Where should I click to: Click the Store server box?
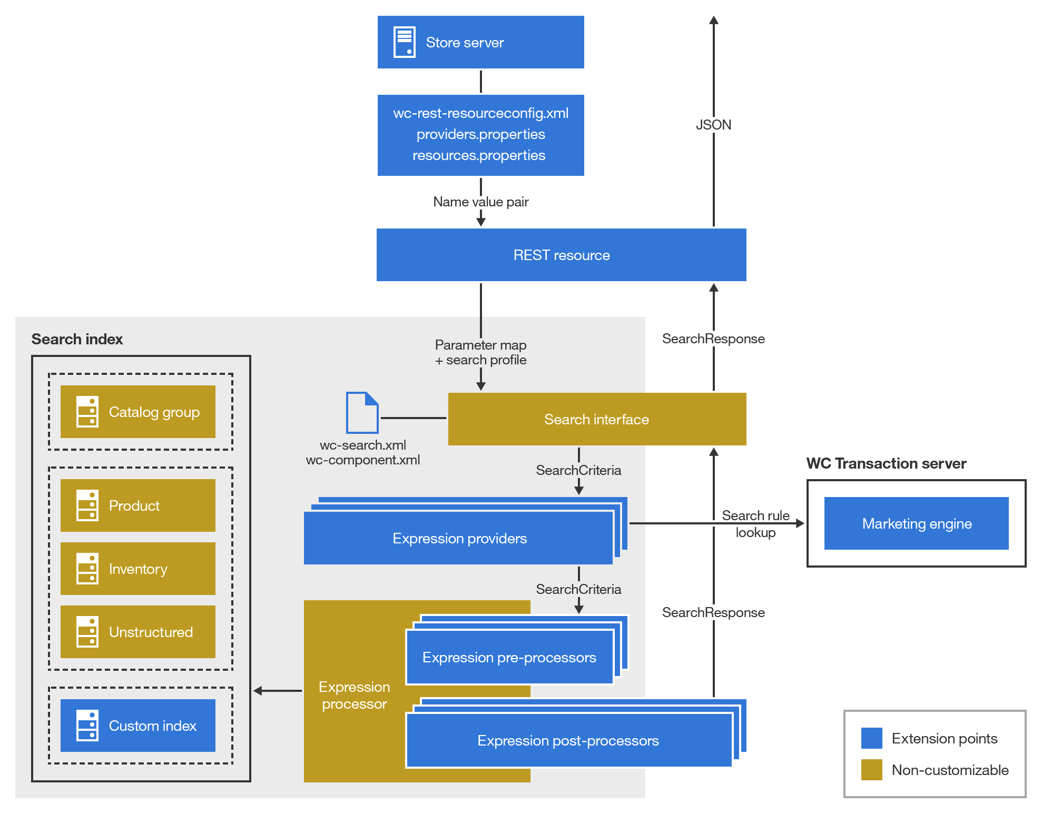(x=480, y=42)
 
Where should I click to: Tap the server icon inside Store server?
(x=404, y=42)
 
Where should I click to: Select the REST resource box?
(x=561, y=255)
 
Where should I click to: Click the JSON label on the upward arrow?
(x=713, y=125)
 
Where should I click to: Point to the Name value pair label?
(x=480, y=202)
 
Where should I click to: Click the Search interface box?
(x=596, y=419)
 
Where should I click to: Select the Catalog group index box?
(x=138, y=412)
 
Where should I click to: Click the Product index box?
(x=138, y=505)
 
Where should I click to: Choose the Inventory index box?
(x=138, y=569)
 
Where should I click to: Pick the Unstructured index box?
(x=138, y=632)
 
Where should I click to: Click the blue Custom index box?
(x=138, y=726)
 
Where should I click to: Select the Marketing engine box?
(x=916, y=523)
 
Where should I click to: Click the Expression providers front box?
(x=458, y=538)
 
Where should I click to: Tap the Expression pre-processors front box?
(x=509, y=657)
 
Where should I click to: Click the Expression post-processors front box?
(x=568, y=740)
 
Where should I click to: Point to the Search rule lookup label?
(x=755, y=523)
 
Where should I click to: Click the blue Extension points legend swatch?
(x=871, y=738)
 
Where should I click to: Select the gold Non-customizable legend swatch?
(x=871, y=770)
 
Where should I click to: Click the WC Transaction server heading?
(x=886, y=463)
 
